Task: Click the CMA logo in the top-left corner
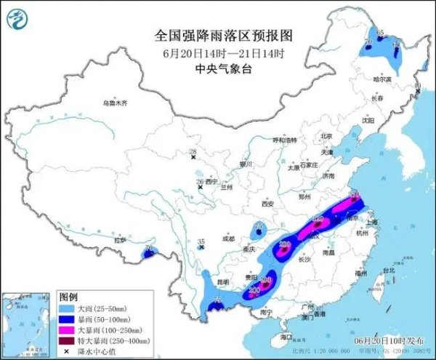click(17, 18)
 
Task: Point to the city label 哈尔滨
click(382, 79)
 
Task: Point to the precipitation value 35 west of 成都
click(202, 241)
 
